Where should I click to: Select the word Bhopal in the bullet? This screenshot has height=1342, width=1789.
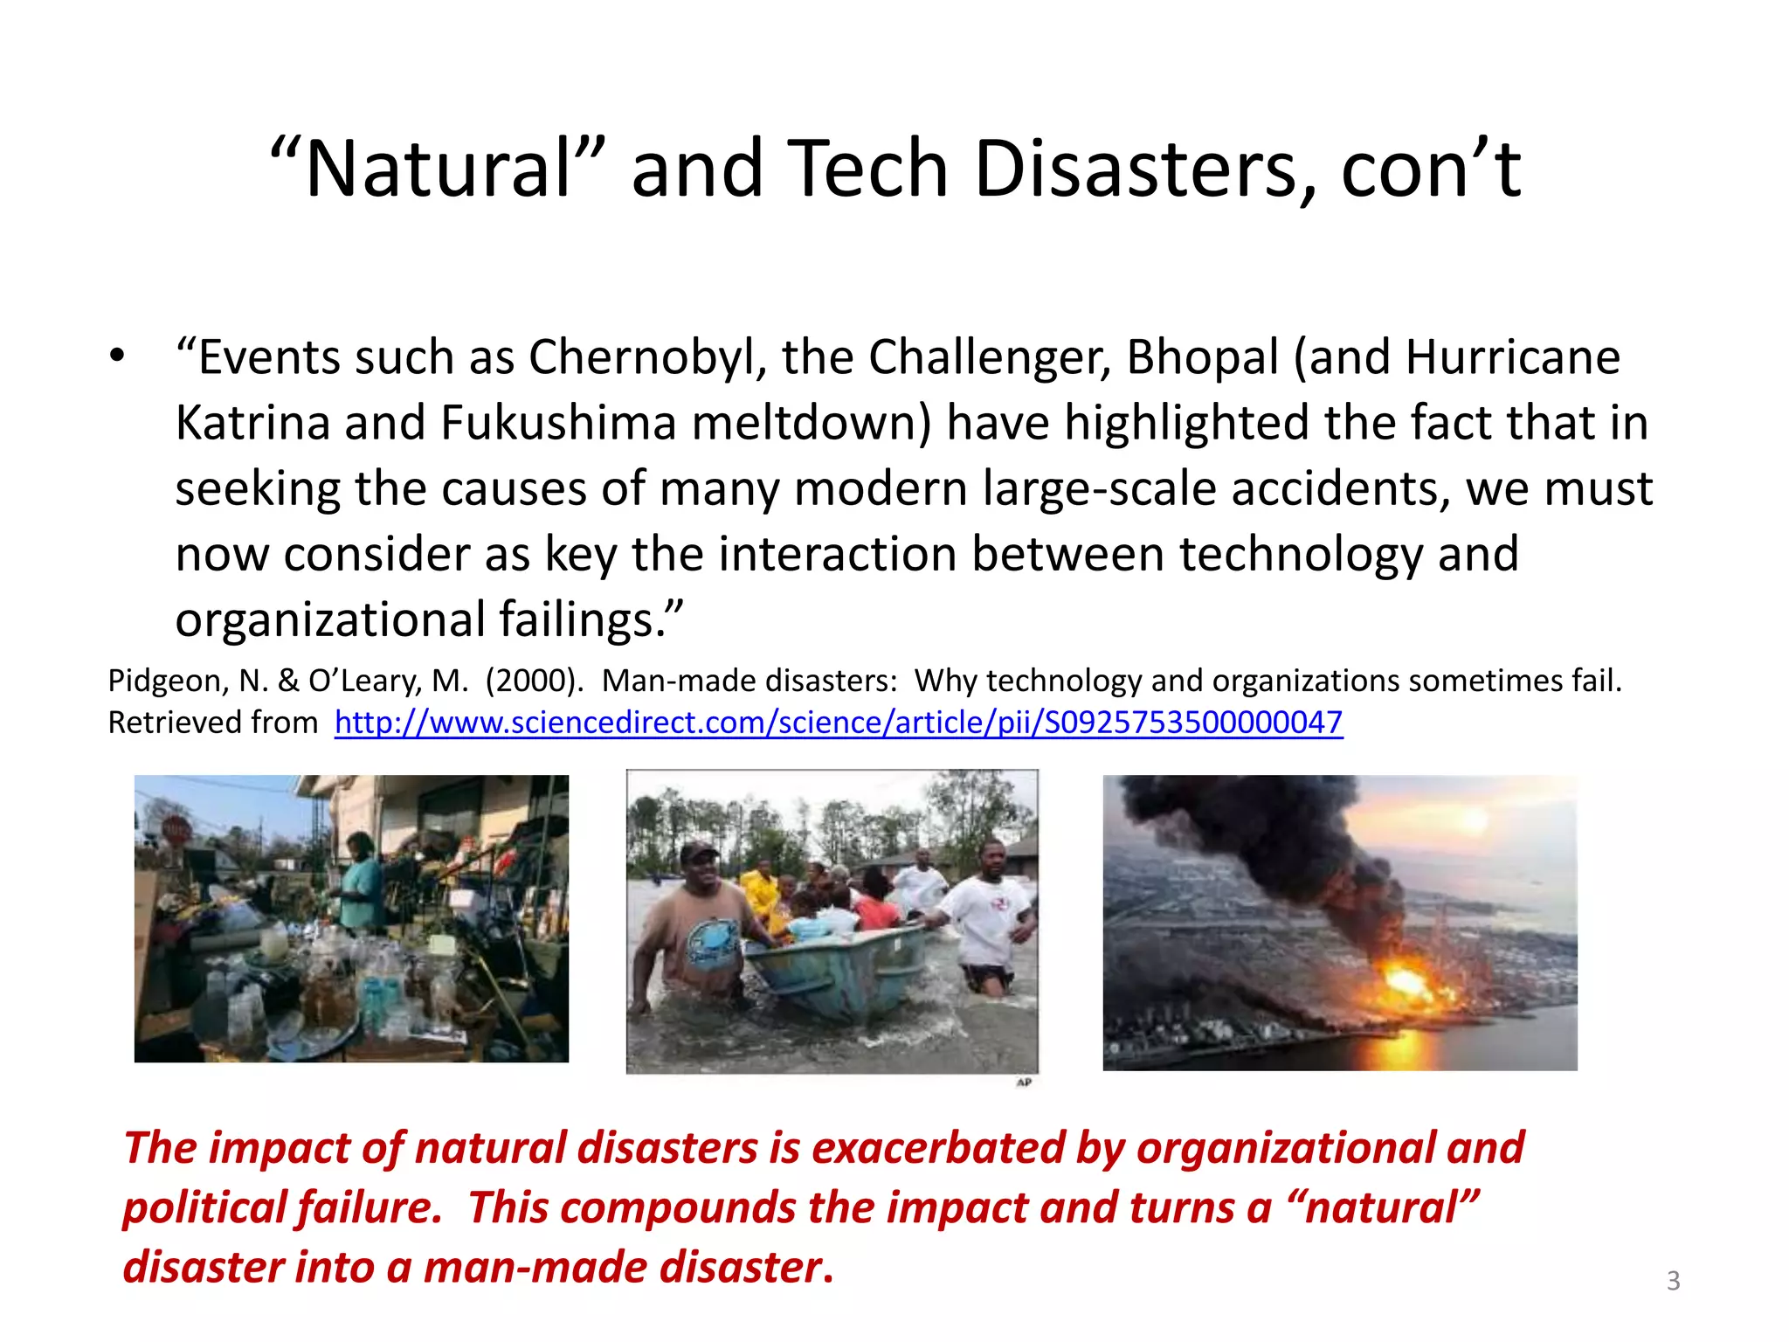[1202, 357]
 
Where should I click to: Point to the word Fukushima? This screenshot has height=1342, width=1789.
[558, 423]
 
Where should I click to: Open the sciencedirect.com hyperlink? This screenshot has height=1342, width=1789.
[838, 723]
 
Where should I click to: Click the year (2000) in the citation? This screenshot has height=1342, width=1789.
[534, 681]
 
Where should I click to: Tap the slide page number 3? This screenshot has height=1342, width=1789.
[1673, 1281]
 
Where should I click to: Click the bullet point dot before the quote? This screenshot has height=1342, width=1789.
[117, 356]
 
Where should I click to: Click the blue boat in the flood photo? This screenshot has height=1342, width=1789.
[839, 970]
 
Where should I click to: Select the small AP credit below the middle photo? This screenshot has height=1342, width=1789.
[1024, 1083]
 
